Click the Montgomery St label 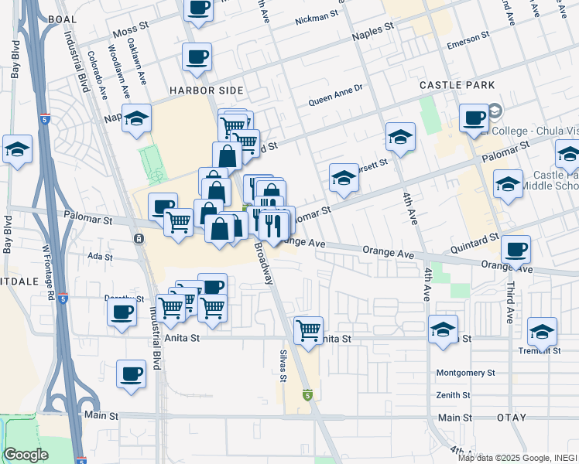465,373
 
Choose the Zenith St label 453,395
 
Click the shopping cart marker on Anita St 309,329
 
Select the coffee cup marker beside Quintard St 515,249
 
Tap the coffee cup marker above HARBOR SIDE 197,56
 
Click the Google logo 26,455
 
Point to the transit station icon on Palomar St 138,238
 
